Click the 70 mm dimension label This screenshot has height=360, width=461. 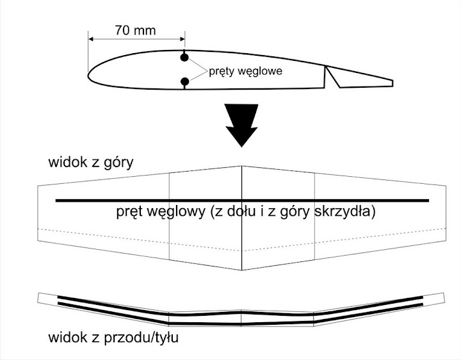click(x=135, y=30)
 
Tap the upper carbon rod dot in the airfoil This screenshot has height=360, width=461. click(x=184, y=58)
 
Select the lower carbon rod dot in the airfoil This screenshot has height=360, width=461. click(x=184, y=81)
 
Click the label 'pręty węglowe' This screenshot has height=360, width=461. click(x=245, y=72)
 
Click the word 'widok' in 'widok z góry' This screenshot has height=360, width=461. click(x=69, y=162)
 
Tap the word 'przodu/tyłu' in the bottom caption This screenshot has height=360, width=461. click(x=141, y=338)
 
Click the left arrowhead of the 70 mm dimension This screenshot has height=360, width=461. click(x=90, y=39)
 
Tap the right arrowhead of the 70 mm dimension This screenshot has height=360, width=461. click(x=182, y=39)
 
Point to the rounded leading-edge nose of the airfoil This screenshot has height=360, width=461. click(x=88, y=75)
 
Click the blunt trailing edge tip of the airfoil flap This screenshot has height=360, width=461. click(x=392, y=83)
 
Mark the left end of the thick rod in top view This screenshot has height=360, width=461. click(x=56, y=201)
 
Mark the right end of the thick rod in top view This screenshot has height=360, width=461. click(x=428, y=201)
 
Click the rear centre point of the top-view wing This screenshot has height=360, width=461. click(x=241, y=270)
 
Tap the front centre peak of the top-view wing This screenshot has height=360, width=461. click(x=241, y=166)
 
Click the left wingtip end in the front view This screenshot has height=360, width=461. click(x=38, y=298)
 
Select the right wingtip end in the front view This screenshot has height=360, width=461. click(x=444, y=298)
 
